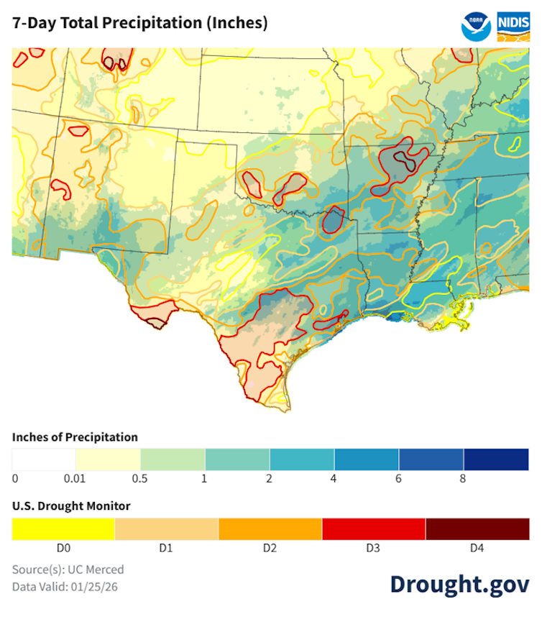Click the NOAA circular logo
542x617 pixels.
476,25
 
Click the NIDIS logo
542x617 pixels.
513,25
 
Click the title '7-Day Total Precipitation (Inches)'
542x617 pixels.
140,23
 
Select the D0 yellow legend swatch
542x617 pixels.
63,529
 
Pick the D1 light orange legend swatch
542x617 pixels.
167,529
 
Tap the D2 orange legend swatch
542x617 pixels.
270,529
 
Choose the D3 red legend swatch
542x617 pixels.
374,529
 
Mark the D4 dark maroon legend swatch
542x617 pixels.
477,529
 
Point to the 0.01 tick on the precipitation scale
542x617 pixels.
76,478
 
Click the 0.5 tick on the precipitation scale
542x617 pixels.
141,478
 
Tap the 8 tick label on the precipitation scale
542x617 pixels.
464,478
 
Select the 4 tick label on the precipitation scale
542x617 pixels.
334,478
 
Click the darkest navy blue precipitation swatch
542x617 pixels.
496,459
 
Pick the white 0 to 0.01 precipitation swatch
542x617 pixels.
44,459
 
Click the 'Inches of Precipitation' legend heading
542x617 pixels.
75,437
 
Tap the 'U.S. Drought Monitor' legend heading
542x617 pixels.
71,506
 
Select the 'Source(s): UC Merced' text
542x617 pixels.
68,570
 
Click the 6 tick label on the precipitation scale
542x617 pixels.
399,478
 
